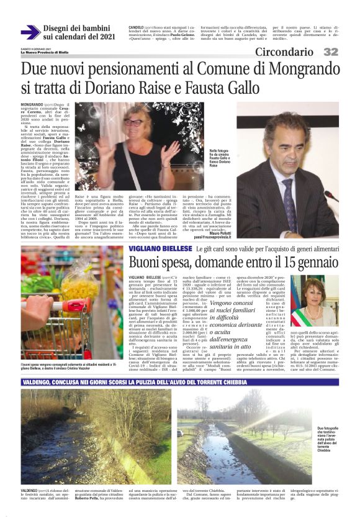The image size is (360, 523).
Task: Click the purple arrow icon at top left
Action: tap(30, 32)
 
